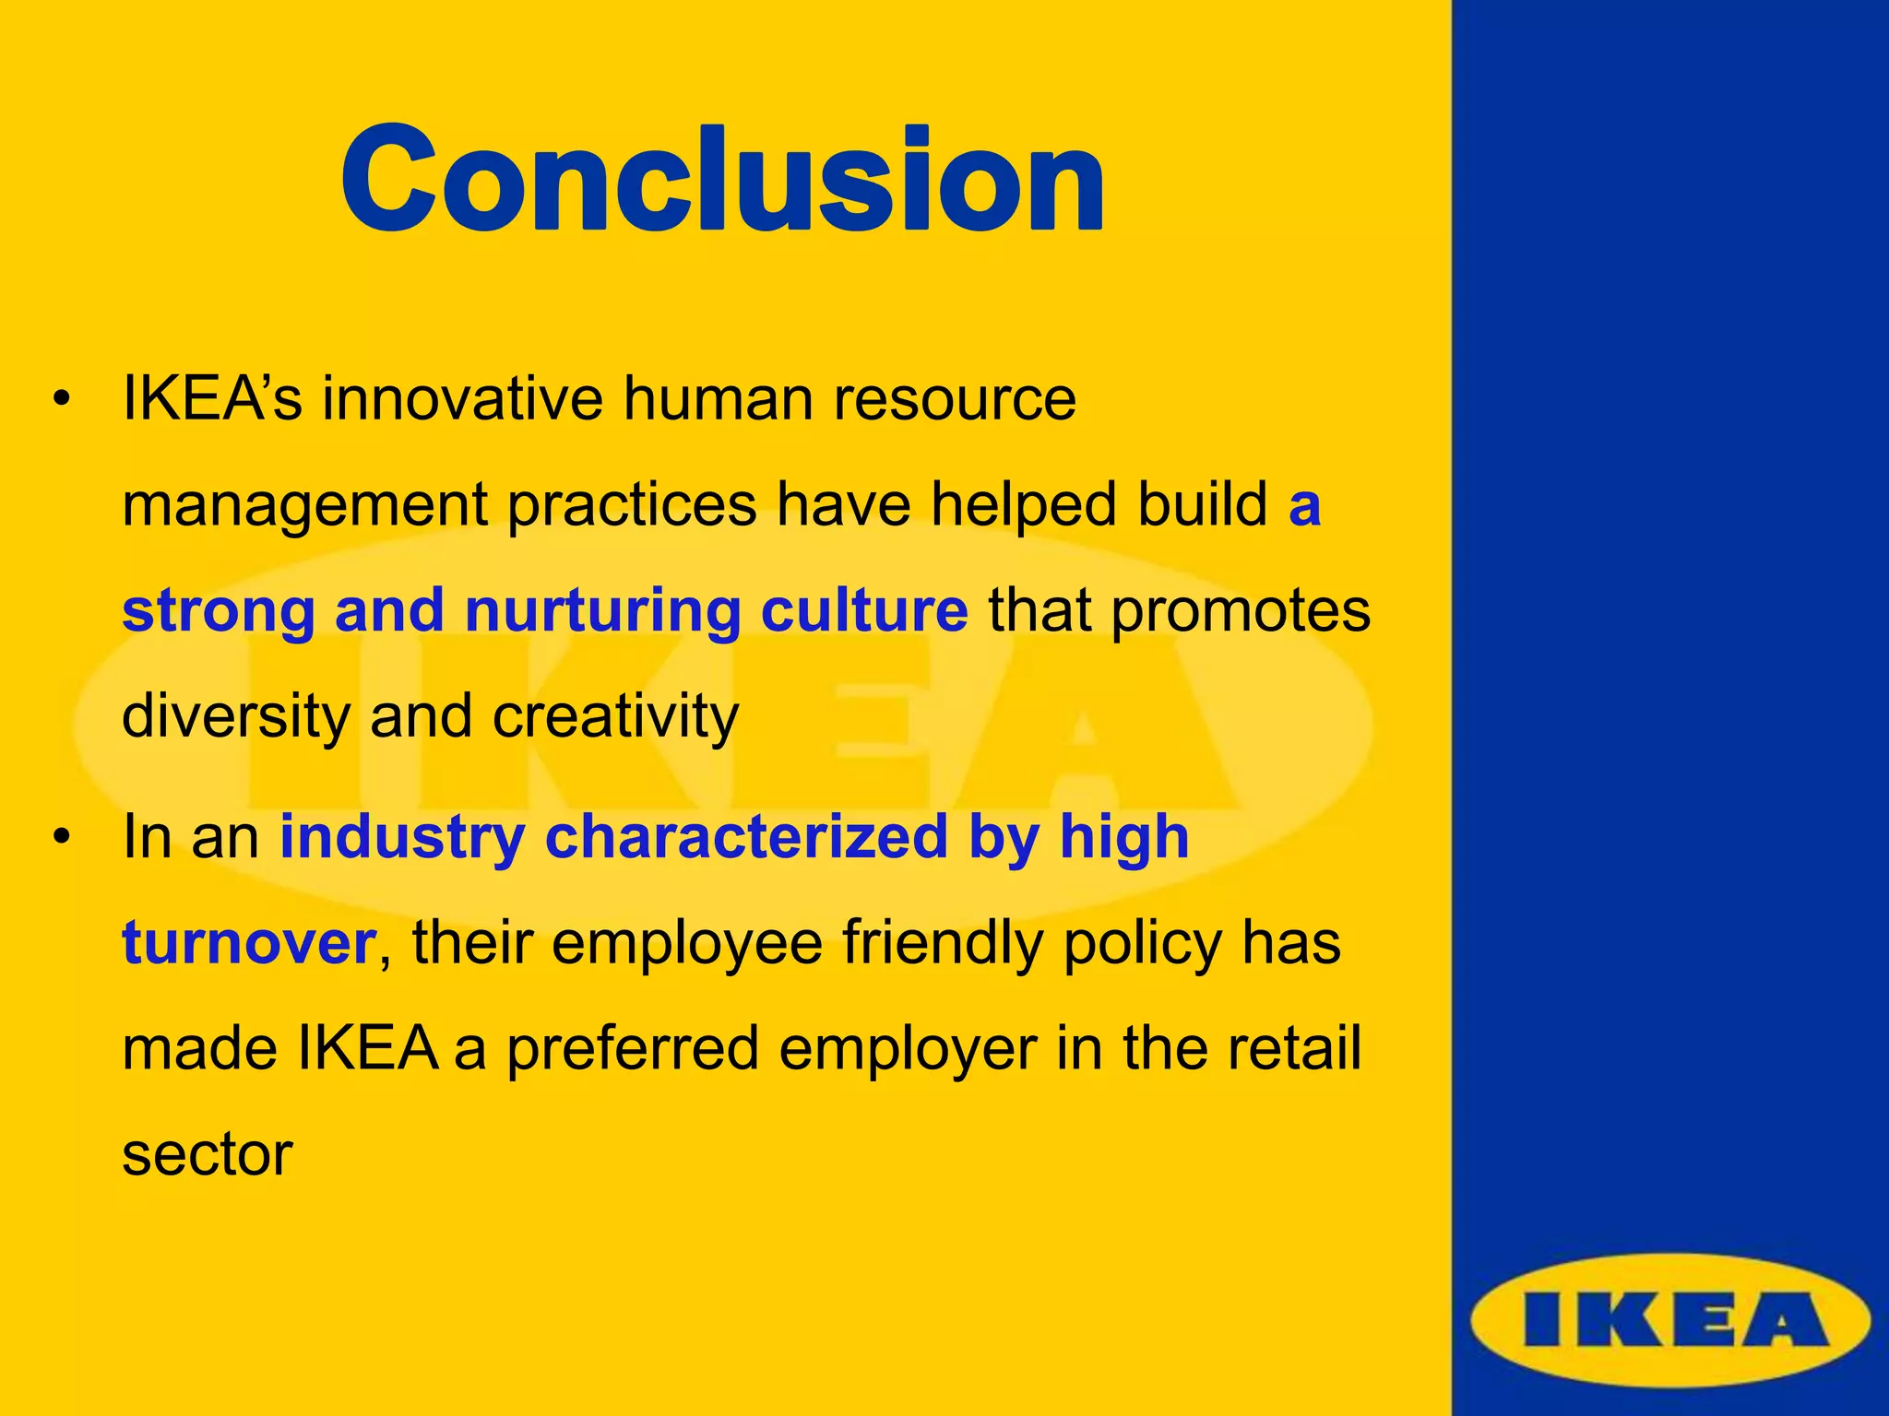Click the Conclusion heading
coord(722,180)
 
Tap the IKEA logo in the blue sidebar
coord(1670,1321)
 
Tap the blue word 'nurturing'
coord(602,610)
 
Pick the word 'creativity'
coord(615,716)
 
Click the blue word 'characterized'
coord(746,837)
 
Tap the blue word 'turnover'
coord(247,943)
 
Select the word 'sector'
coord(207,1154)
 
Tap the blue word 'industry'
coord(402,837)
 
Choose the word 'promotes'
coord(1241,610)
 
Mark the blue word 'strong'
coord(219,610)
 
